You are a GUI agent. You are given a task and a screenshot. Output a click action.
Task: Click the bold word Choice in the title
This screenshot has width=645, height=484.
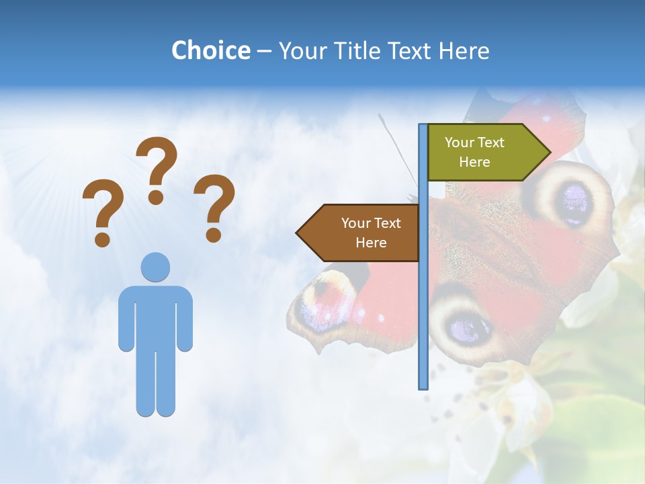pyautogui.click(x=210, y=50)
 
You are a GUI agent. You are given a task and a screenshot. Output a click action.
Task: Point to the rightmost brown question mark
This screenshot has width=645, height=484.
pyautogui.click(x=214, y=207)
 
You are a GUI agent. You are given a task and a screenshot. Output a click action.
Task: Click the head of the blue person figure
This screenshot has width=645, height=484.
pyautogui.click(x=155, y=267)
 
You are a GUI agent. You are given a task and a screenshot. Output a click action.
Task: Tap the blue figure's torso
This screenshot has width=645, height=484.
pyautogui.click(x=155, y=316)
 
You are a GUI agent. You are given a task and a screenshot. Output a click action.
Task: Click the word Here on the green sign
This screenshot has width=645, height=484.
pyautogui.click(x=474, y=162)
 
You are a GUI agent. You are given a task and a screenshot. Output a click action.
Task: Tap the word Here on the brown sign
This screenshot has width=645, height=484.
pyautogui.click(x=371, y=243)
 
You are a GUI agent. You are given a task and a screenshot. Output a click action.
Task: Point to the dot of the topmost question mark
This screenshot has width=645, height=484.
pyautogui.click(x=156, y=198)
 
